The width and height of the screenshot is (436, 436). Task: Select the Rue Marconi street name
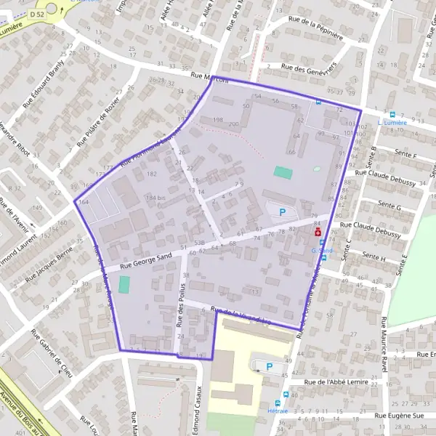(210, 78)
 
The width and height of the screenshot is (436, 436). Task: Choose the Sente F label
(405, 155)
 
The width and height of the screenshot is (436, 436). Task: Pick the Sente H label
(374, 257)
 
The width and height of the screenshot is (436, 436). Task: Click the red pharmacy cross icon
(318, 232)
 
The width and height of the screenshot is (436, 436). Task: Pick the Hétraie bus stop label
(277, 411)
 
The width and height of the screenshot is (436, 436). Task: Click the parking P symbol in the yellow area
(270, 368)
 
